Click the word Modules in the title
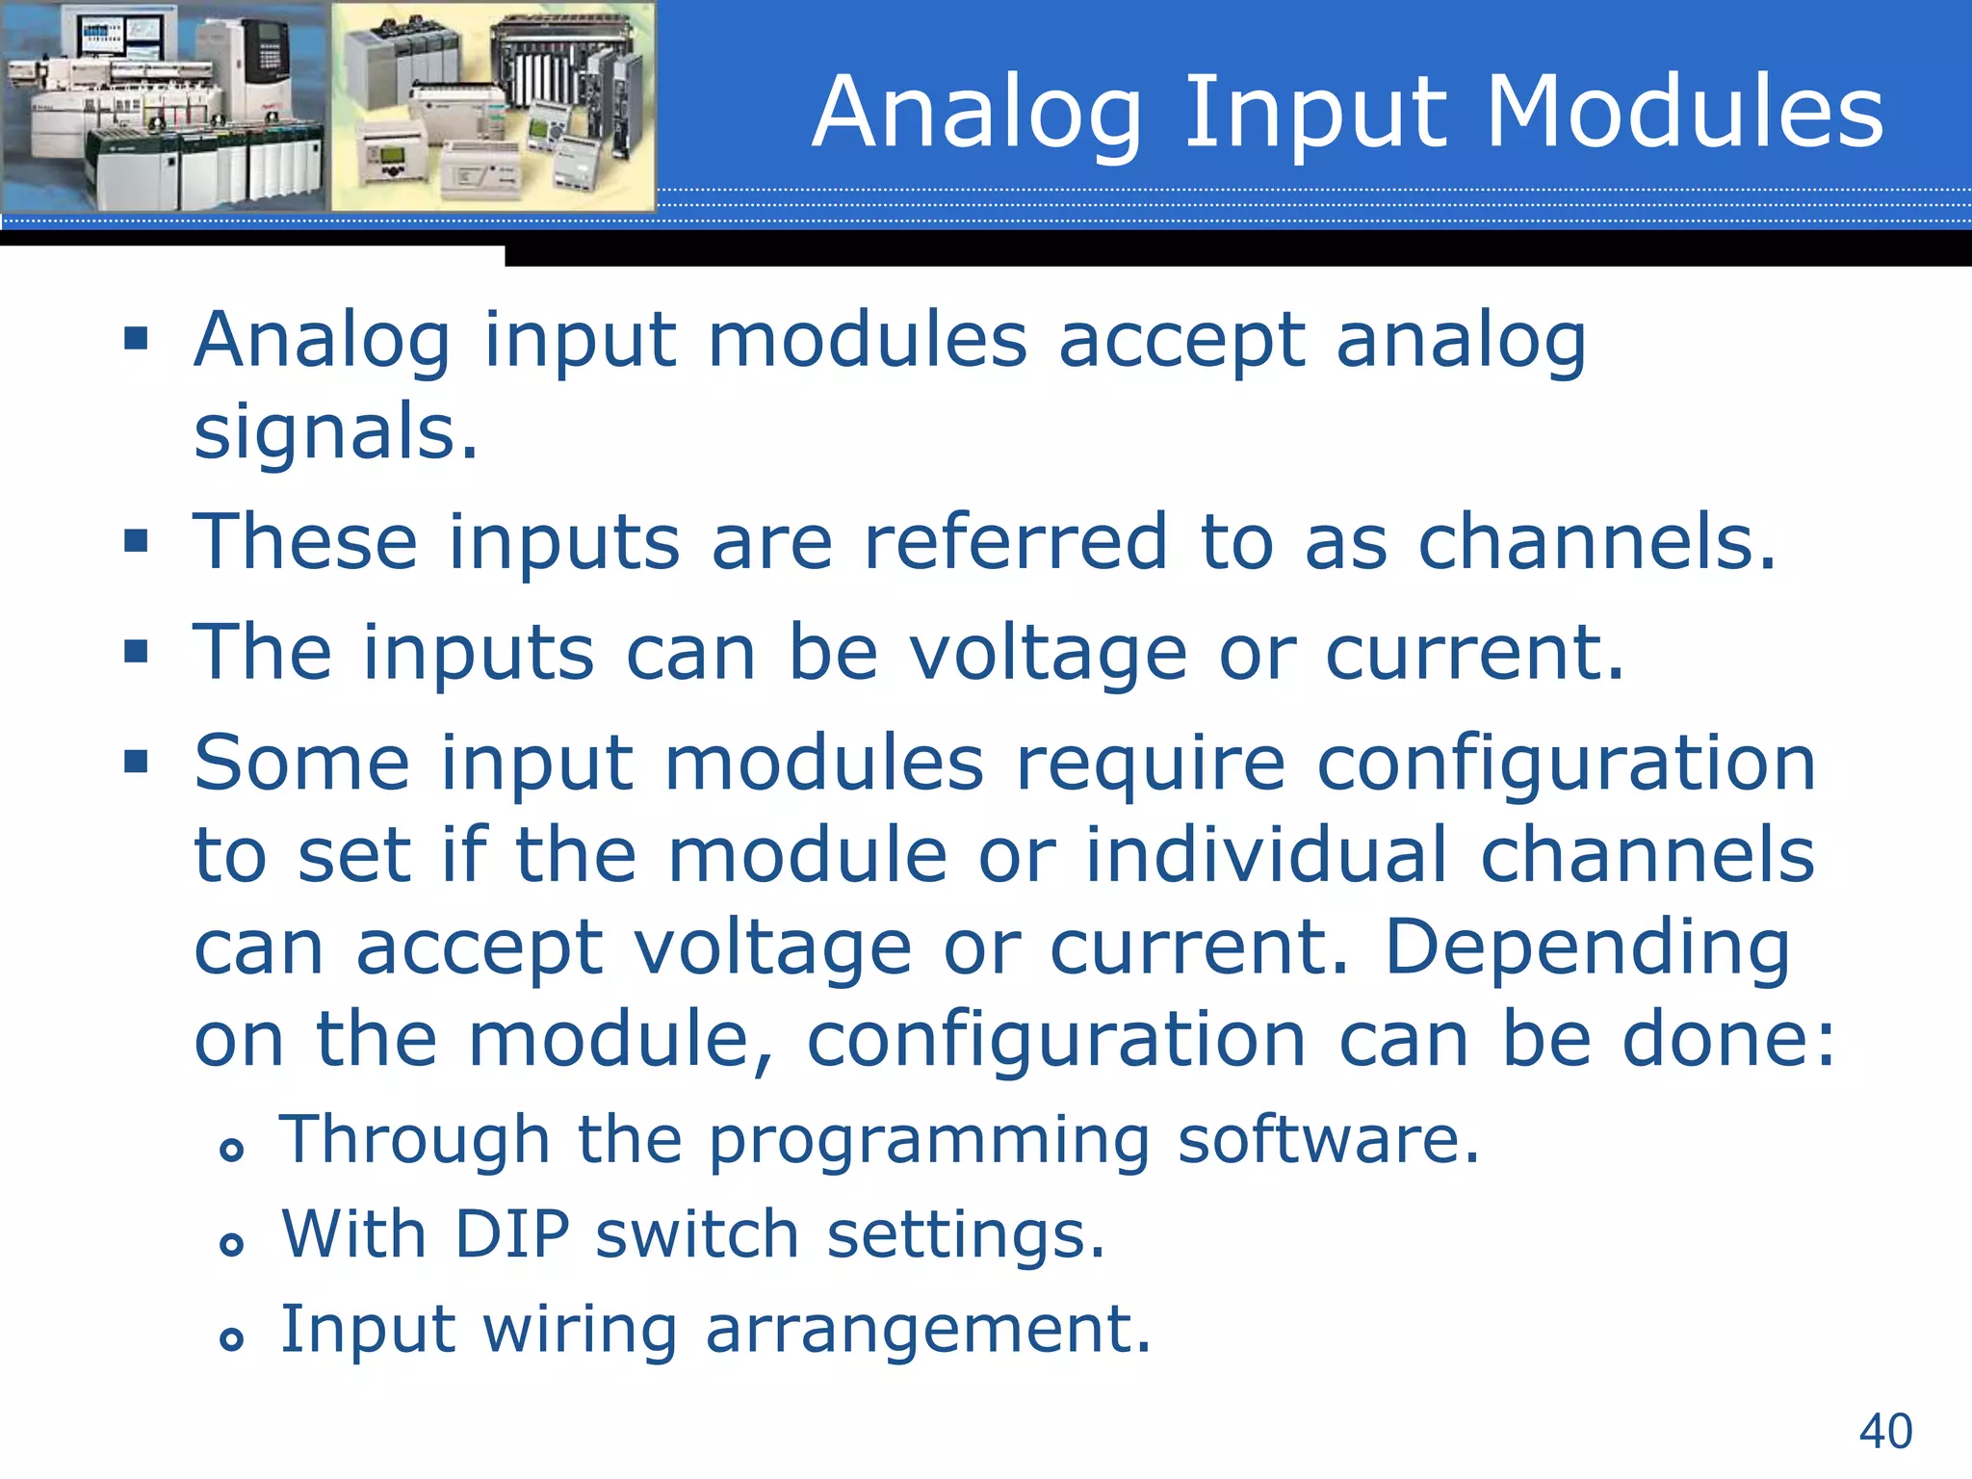click(1684, 114)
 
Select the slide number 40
click(1885, 1431)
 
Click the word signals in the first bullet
click(335, 433)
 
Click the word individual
click(1266, 855)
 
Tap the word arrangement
click(928, 1329)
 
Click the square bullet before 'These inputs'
click(136, 541)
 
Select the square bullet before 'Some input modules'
click(136, 763)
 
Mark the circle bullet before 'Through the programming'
click(231, 1149)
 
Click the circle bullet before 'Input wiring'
click(231, 1338)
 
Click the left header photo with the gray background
click(164, 106)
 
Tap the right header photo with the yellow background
click(493, 106)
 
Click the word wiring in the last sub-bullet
click(580, 1330)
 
